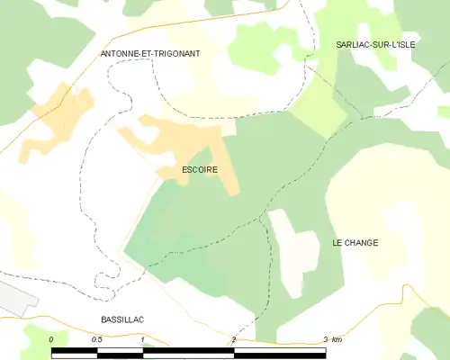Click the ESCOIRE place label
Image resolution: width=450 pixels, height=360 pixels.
[199, 169]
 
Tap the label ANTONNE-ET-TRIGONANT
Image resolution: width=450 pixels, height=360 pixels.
[150, 54]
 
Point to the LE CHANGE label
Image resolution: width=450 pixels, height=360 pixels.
[355, 243]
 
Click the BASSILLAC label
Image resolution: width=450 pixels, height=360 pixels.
[122, 319]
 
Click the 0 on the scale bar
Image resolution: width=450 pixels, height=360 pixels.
[52, 339]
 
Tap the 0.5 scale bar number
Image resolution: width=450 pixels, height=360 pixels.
[97, 339]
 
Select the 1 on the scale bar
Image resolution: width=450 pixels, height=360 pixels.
[143, 339]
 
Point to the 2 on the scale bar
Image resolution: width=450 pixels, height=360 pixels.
[234, 339]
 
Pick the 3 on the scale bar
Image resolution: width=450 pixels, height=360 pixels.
[325, 339]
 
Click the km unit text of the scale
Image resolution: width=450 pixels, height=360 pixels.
[337, 339]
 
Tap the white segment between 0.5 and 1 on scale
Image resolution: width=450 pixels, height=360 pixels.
[120, 353]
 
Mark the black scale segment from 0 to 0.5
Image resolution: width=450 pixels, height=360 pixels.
[75, 353]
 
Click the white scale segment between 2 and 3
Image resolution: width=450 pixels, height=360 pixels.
[280, 353]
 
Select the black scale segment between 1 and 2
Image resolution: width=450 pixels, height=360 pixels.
[188, 353]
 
